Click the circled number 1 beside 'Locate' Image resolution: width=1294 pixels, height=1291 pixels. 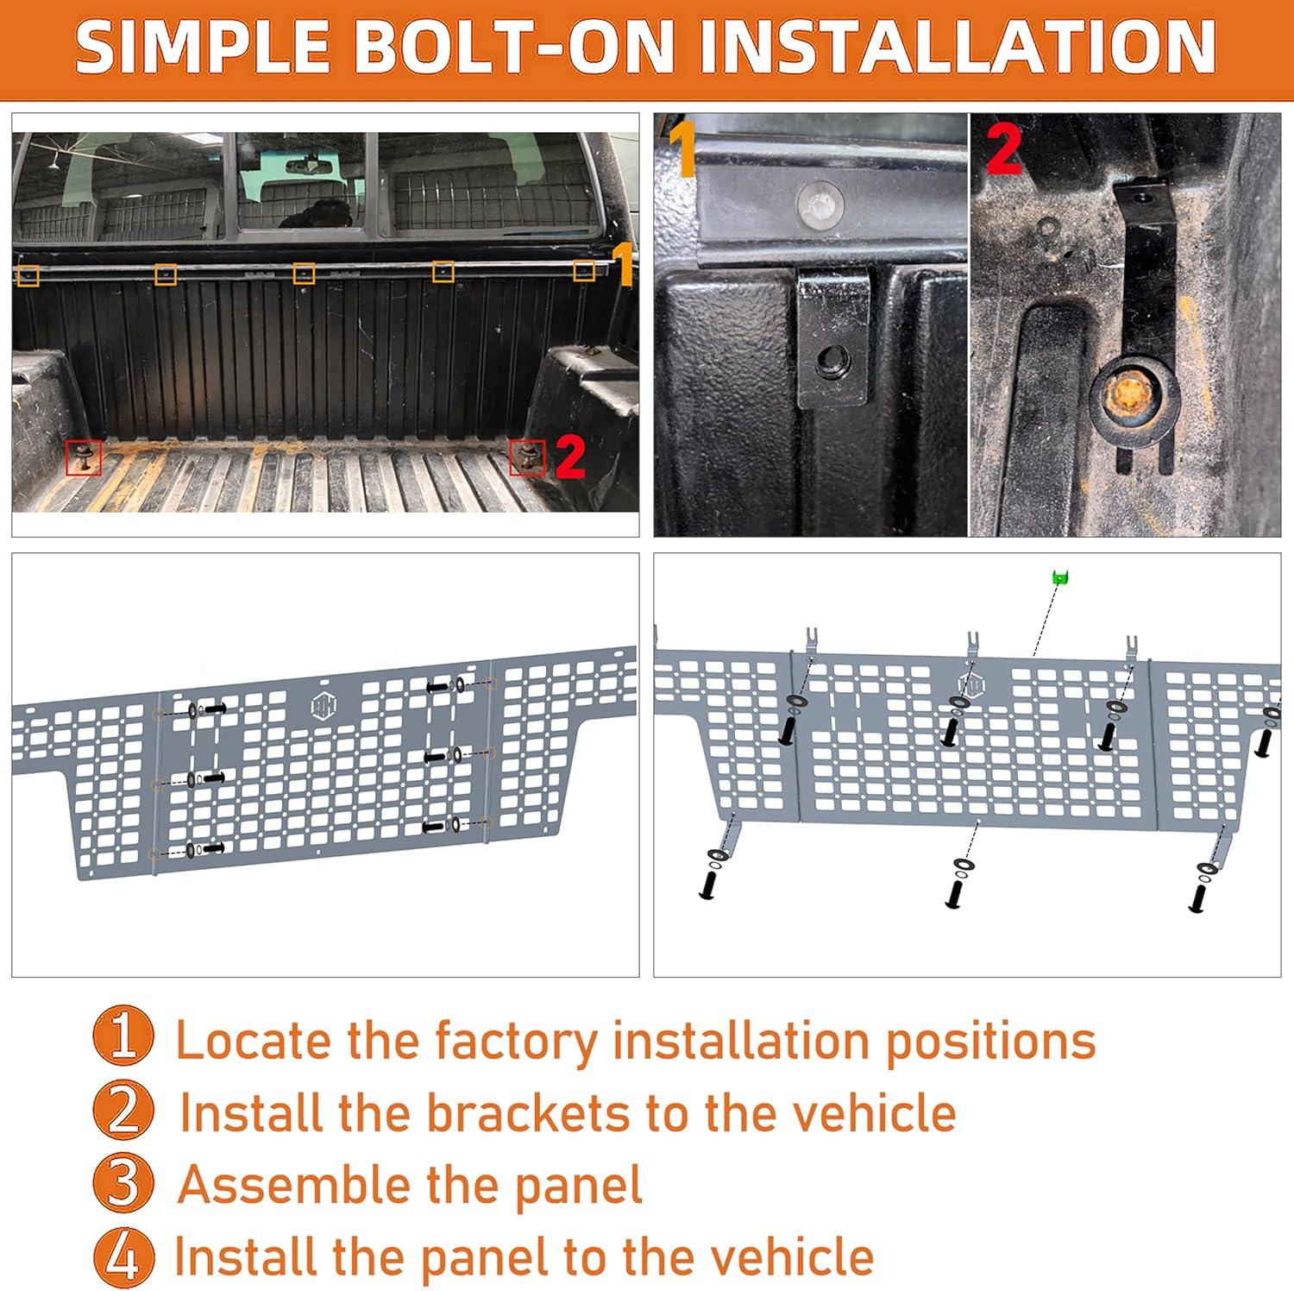[123, 1039]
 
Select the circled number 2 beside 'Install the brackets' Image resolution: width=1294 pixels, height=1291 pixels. [123, 1112]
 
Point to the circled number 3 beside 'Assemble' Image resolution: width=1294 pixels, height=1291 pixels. [123, 1183]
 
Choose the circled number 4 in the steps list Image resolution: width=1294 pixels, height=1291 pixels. [123, 1255]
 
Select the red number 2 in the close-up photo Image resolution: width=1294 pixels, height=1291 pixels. [1003, 148]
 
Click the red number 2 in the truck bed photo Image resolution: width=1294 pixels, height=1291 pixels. [570, 457]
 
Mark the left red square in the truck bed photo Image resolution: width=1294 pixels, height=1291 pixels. [84, 457]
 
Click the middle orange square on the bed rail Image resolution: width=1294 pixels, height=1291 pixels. [304, 274]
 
